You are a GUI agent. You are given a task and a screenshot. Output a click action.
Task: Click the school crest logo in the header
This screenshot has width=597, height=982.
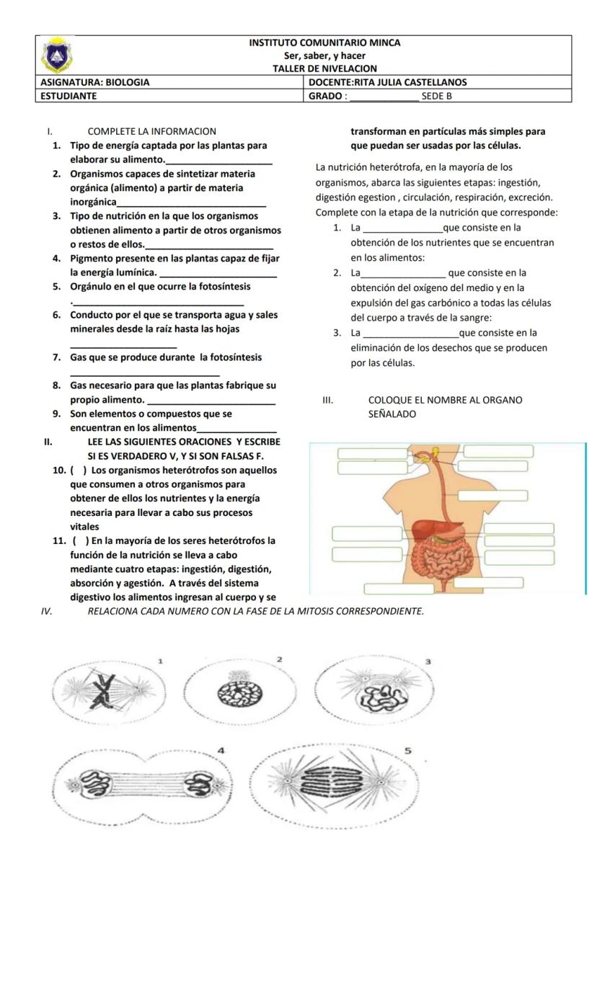point(56,55)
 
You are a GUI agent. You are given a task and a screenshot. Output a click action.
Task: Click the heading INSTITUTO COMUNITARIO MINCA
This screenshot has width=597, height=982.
point(324,43)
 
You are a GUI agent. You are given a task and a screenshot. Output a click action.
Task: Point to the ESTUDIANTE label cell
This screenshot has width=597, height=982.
point(68,95)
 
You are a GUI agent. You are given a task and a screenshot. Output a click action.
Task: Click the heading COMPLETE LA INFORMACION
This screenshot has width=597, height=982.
point(151,131)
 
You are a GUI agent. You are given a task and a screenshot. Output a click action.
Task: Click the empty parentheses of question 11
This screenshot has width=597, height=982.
point(80,540)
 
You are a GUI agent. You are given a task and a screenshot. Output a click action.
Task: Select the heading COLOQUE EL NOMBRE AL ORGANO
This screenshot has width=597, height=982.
point(445,400)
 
